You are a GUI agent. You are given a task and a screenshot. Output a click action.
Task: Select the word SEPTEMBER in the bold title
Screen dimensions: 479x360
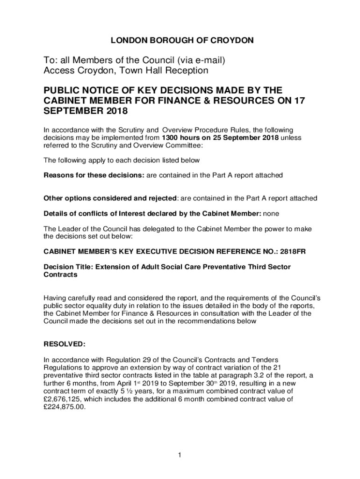pyautogui.click(x=72, y=112)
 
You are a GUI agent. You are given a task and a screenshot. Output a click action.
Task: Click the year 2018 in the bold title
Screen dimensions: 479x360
pyautogui.click(x=115, y=112)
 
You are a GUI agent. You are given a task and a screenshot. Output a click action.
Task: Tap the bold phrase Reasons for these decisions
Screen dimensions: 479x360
pyautogui.click(x=94, y=175)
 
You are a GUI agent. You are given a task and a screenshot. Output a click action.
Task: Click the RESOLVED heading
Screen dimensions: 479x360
pyautogui.click(x=65, y=344)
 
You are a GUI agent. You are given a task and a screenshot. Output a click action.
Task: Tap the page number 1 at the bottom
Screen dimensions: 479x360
pyautogui.click(x=180, y=454)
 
